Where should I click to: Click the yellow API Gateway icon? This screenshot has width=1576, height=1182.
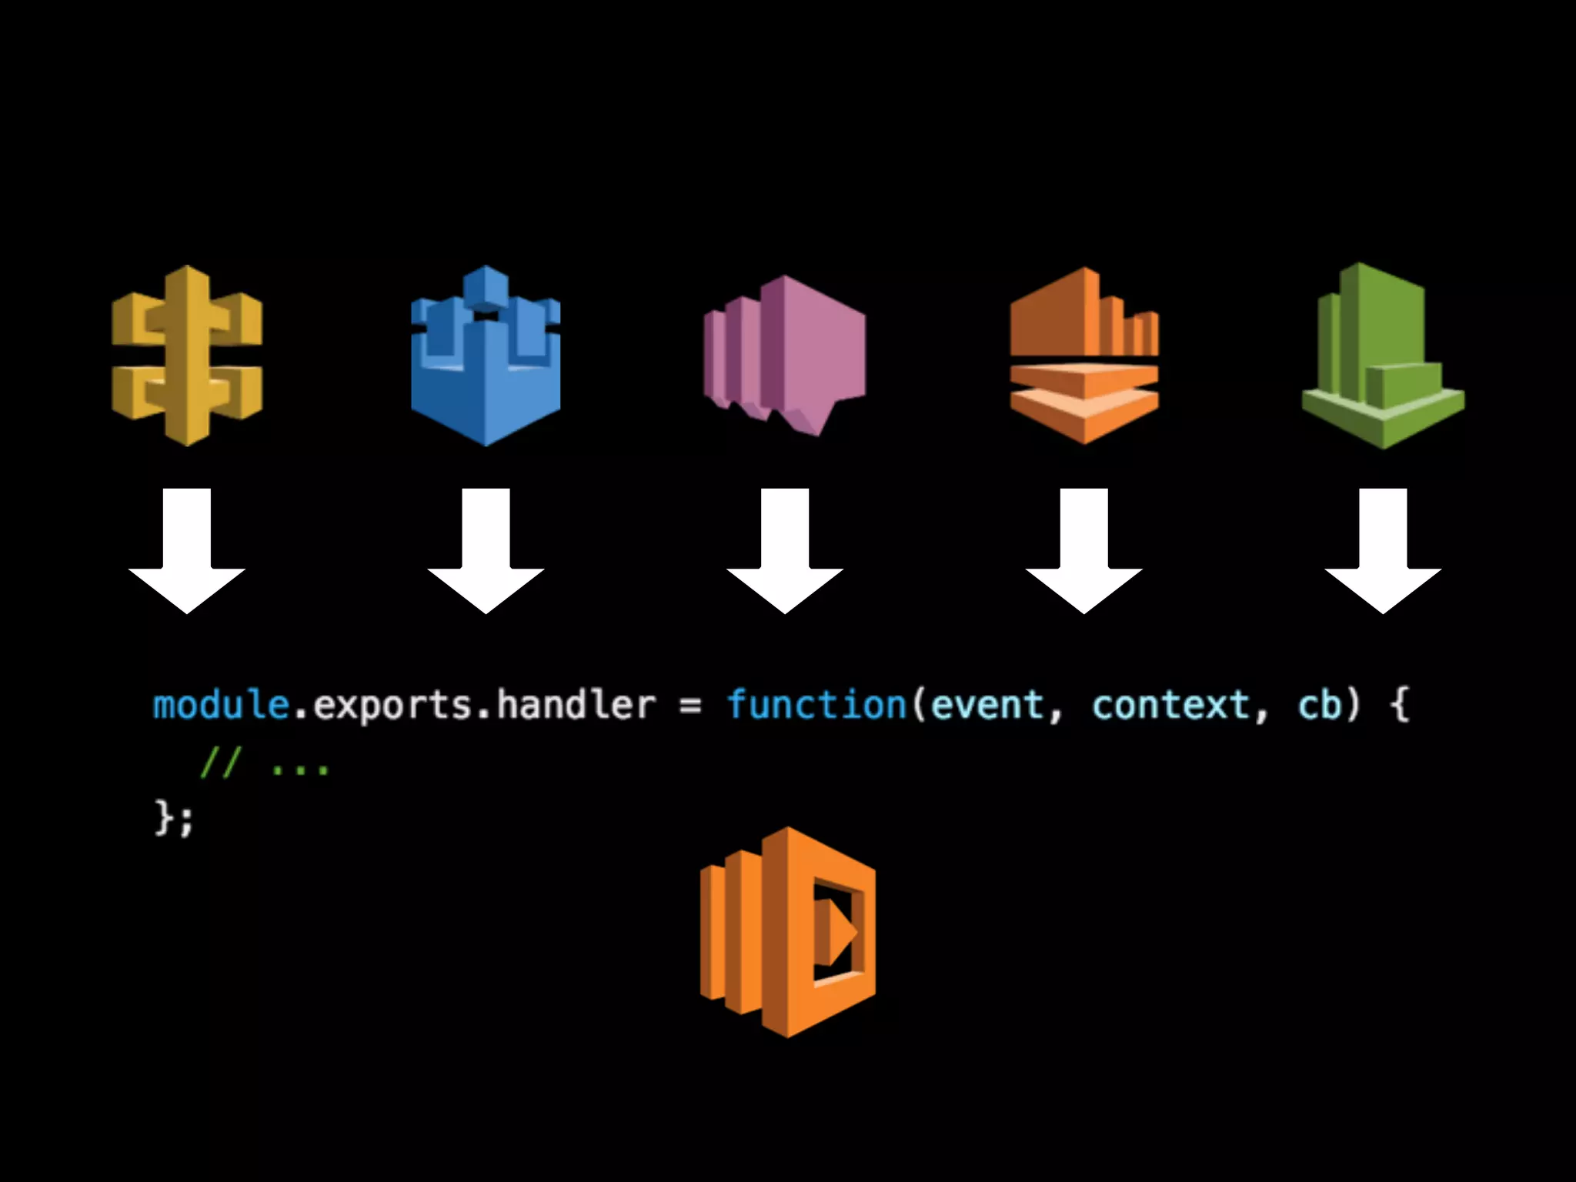click(187, 356)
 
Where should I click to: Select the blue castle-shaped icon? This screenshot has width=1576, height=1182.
click(486, 356)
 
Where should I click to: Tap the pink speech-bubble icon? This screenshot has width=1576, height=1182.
click(784, 354)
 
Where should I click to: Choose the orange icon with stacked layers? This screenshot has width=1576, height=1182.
click(1083, 356)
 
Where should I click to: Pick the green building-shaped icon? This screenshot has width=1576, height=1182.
click(1383, 356)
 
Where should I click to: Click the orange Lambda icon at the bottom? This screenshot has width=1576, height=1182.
click(787, 932)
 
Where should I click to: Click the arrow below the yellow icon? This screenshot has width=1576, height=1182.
click(187, 550)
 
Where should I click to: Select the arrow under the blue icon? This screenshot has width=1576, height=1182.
click(486, 550)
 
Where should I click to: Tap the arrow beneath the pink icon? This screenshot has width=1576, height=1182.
click(784, 550)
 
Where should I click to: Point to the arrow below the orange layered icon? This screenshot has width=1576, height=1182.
click(1083, 550)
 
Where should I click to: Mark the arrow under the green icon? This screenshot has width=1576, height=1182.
click(1383, 550)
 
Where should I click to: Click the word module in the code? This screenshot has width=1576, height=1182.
click(221, 705)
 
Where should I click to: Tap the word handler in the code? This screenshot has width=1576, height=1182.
click(576, 705)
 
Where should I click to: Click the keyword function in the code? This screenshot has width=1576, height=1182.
click(816, 705)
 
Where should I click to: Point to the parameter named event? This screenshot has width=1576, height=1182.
click(987, 705)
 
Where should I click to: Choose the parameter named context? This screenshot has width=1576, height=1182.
click(1170, 705)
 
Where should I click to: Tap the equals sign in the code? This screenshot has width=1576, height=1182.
click(690, 706)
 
